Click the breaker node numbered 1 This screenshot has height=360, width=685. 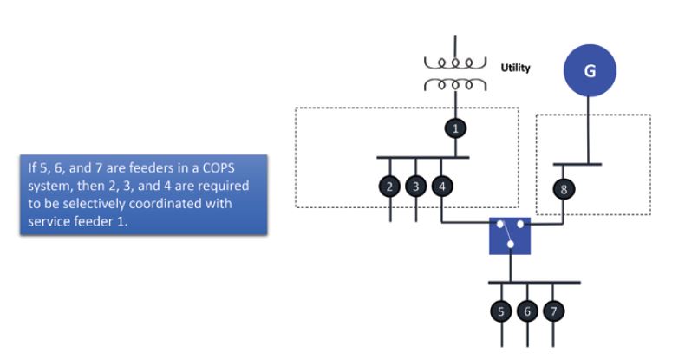click(454, 128)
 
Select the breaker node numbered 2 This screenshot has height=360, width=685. click(390, 187)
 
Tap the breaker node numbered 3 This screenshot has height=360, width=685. click(416, 187)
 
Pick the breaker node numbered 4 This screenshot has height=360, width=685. click(442, 187)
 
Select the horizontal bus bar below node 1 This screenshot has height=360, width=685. click(422, 158)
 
